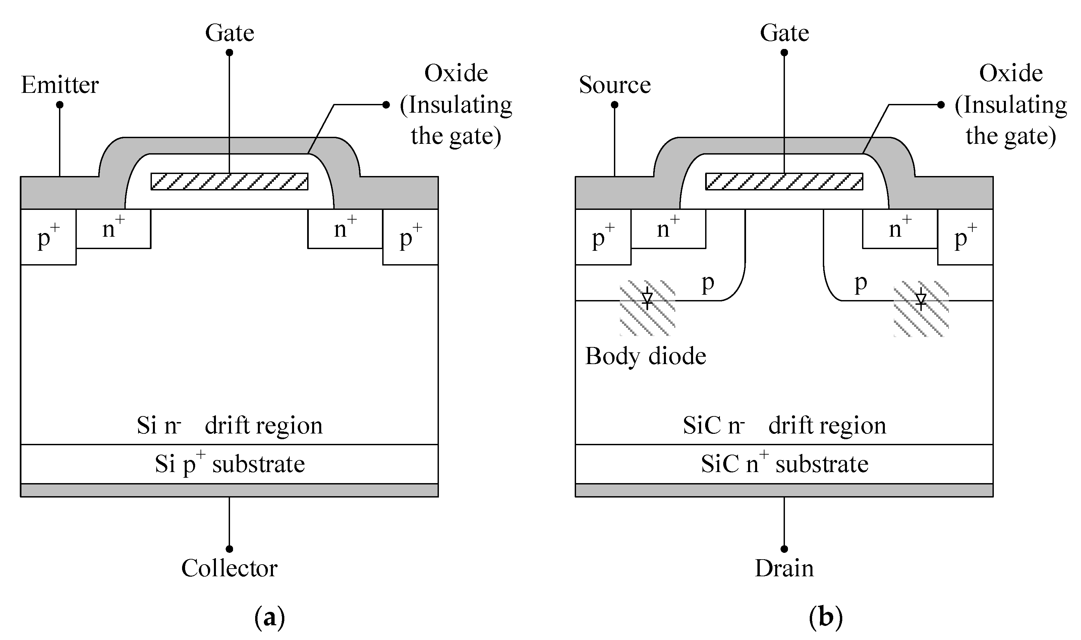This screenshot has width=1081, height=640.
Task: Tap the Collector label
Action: click(229, 568)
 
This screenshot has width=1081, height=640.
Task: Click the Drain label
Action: click(784, 568)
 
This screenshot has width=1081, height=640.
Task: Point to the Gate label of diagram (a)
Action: click(229, 33)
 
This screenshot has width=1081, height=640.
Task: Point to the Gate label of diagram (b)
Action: click(784, 33)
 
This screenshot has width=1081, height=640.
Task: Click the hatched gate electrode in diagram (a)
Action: click(229, 182)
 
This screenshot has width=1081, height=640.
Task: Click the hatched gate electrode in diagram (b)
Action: click(784, 182)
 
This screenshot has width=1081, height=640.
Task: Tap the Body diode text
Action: click(645, 356)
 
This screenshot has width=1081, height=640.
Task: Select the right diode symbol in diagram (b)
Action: click(921, 299)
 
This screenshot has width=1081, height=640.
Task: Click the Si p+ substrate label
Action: click(229, 464)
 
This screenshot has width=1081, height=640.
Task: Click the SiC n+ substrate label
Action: click(784, 464)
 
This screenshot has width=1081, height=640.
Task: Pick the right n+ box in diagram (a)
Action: click(345, 229)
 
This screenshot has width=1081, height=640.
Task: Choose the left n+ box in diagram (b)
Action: click(668, 229)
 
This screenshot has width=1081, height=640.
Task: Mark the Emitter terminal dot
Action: click(60, 105)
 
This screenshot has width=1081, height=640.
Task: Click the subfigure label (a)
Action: click(270, 618)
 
